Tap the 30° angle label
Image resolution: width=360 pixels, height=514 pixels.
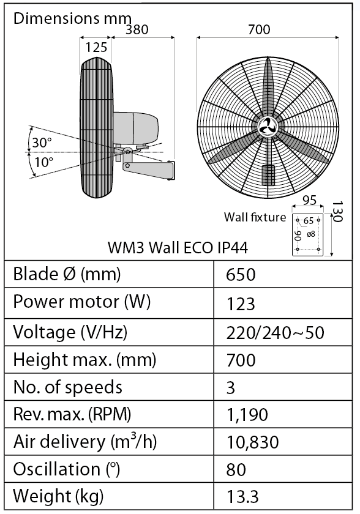tap(42, 143)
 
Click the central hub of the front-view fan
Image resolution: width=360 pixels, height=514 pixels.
tap(268, 127)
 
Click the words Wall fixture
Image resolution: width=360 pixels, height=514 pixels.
tap(255, 217)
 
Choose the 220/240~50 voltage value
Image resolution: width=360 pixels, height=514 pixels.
tap(275, 332)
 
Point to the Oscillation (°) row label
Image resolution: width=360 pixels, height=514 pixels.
tap(66, 469)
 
